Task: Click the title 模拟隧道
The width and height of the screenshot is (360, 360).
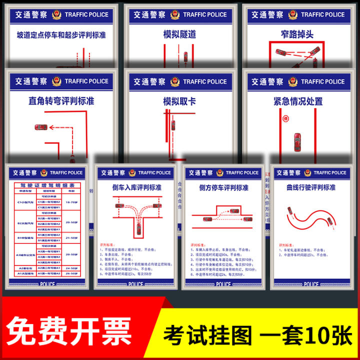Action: (x=179, y=34)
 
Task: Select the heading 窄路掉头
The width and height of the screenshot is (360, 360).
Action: (x=297, y=34)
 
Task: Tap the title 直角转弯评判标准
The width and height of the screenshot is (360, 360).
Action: (x=61, y=101)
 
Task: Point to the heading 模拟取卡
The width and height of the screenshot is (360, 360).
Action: (x=179, y=101)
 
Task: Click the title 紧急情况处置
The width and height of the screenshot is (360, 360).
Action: (x=298, y=101)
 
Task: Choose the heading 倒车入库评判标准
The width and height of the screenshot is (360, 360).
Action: (x=136, y=187)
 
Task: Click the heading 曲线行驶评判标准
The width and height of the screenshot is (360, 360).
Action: (x=311, y=187)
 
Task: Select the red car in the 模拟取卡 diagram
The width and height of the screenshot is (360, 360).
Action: (x=172, y=124)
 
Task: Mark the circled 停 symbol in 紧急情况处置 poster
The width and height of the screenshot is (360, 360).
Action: (x=285, y=119)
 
